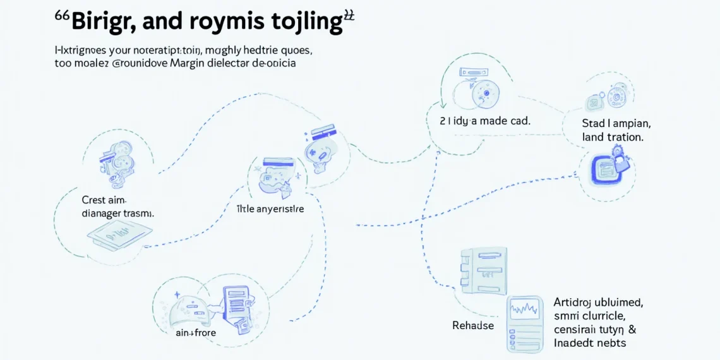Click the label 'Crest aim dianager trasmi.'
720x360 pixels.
[x=118, y=207]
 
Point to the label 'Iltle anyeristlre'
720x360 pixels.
[x=270, y=208]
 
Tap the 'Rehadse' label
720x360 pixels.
[x=473, y=325]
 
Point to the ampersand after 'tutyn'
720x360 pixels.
[x=632, y=329]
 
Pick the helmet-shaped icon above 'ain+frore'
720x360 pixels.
[x=188, y=309]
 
